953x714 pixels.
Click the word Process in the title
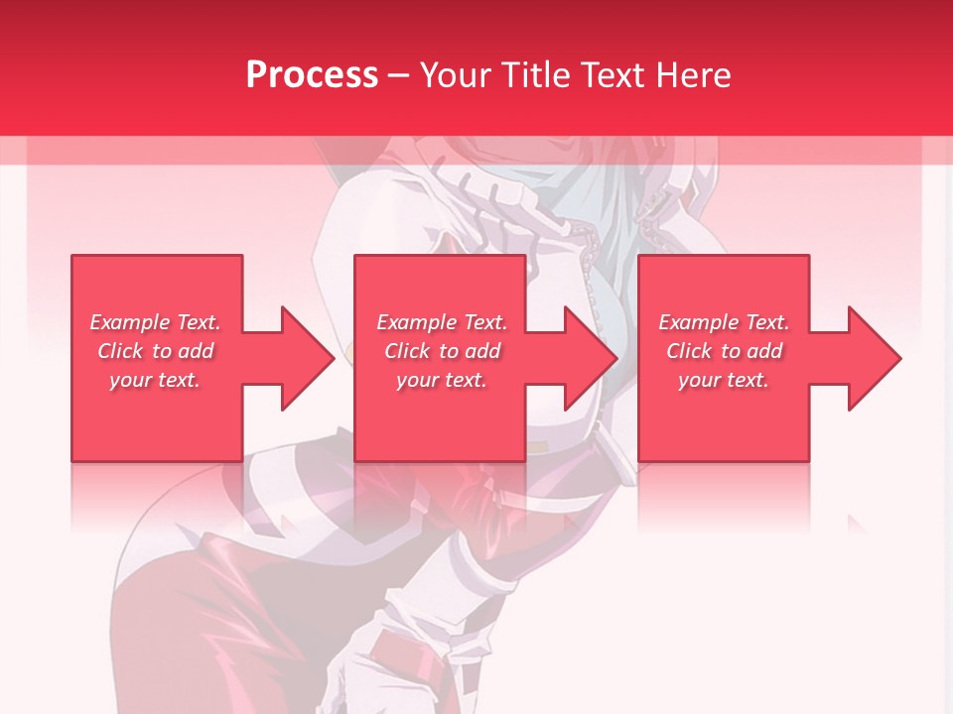[x=312, y=74]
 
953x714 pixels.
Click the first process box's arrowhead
[x=308, y=358]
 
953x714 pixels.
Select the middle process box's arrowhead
[x=592, y=358]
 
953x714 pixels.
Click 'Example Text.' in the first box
[x=155, y=322]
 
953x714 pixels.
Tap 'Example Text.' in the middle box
[x=441, y=322]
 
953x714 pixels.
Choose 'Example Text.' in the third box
[x=724, y=322]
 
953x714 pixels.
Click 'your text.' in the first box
[x=155, y=380]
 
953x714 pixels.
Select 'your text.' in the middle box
[x=441, y=380]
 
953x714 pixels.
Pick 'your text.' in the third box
[x=724, y=380]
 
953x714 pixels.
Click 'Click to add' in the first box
[x=155, y=351]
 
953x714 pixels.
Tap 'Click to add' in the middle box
[x=441, y=351]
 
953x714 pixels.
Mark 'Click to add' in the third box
[x=724, y=351]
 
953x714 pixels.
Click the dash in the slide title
[x=399, y=76]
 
